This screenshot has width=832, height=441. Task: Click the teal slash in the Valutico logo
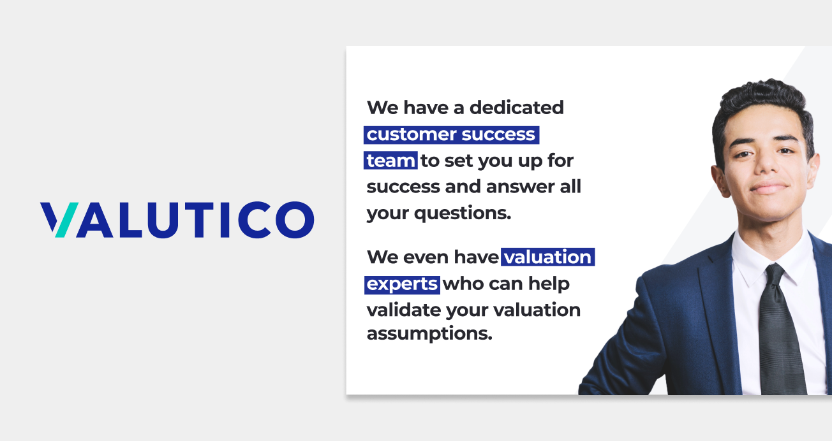pyautogui.click(x=67, y=220)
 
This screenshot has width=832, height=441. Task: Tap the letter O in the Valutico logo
pyautogui.click(x=295, y=220)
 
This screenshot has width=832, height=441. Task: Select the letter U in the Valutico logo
pyautogui.click(x=163, y=220)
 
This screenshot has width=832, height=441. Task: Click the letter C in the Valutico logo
pyautogui.click(x=255, y=220)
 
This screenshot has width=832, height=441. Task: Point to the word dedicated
pyautogui.click(x=517, y=108)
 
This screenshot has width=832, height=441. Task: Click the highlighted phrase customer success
pyautogui.click(x=451, y=134)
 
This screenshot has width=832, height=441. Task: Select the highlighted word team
pyautogui.click(x=390, y=161)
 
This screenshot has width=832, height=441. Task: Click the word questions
pyautogui.click(x=463, y=213)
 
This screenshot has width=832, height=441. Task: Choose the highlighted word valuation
pyautogui.click(x=548, y=257)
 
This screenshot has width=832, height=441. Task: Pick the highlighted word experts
pyautogui.click(x=402, y=285)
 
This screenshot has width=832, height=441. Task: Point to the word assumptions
pyautogui.click(x=429, y=333)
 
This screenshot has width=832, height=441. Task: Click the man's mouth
pyautogui.click(x=769, y=187)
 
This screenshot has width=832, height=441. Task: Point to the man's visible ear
pyautogui.click(x=719, y=180)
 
